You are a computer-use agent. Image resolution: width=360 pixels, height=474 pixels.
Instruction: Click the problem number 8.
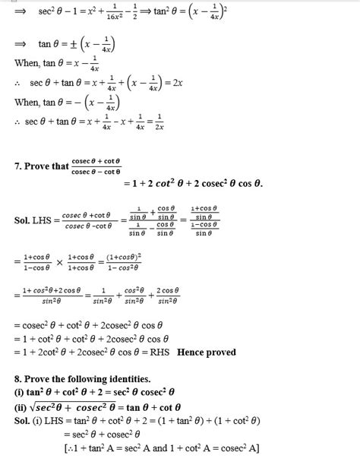tap(18, 378)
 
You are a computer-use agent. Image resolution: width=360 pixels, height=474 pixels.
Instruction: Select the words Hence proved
tap(207, 352)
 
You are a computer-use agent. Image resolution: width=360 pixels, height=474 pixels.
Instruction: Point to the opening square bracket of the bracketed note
tap(66, 448)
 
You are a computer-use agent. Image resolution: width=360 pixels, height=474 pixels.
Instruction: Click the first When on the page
tap(27, 63)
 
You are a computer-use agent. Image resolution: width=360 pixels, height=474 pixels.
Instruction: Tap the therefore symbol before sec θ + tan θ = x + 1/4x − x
tap(18, 122)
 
